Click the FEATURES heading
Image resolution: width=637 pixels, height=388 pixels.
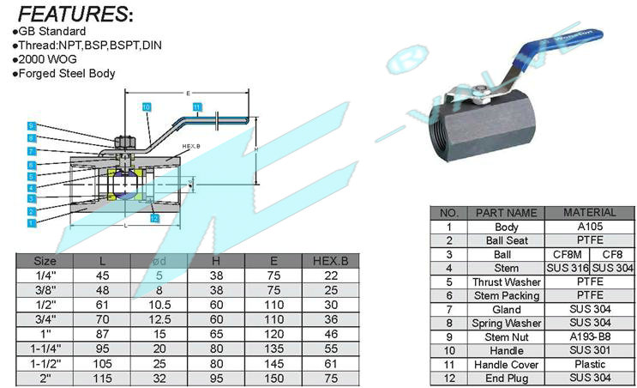coord(75,15)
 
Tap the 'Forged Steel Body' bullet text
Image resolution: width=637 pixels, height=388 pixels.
coord(64,74)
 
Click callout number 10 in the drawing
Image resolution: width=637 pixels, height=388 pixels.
coord(147,106)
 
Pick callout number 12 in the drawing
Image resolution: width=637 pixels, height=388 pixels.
coord(154,218)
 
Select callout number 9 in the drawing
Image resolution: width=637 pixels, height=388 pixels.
coord(31,125)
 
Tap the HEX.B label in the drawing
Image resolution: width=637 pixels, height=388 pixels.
coord(191,147)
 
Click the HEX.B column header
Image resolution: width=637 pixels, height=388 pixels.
coord(330,260)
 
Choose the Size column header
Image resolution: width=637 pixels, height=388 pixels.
coord(45,260)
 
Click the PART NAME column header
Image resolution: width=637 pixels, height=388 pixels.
coord(507,213)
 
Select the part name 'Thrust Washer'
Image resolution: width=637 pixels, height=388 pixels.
coord(507,282)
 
